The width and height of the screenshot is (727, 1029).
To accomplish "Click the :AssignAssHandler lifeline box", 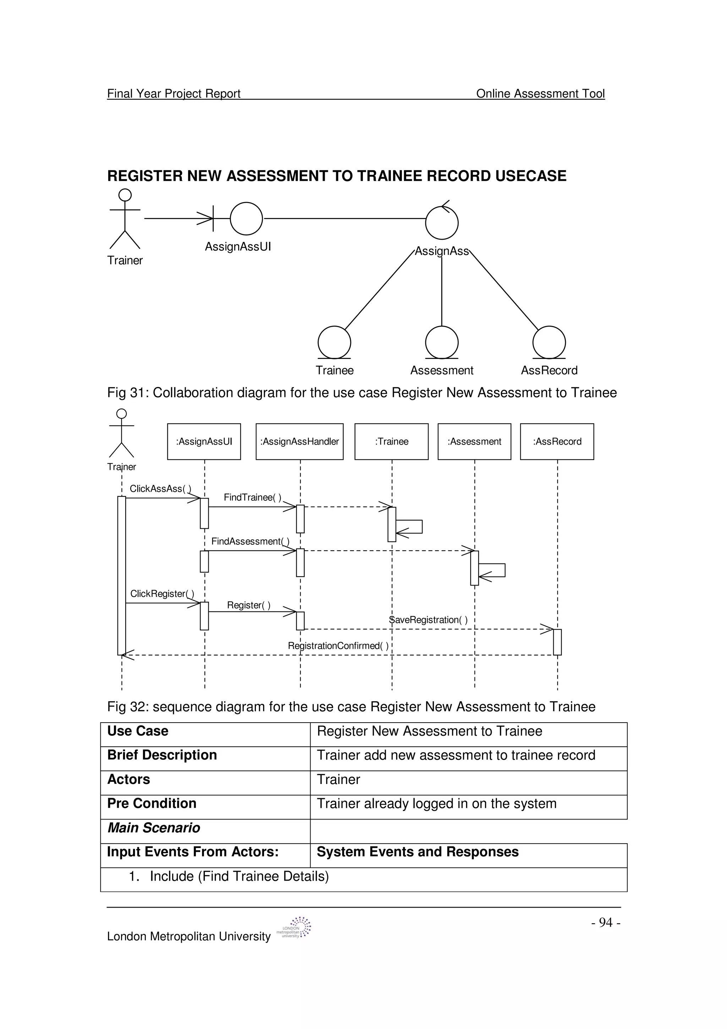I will pyautogui.click(x=299, y=441).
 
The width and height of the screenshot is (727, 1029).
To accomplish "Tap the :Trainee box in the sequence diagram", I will pyautogui.click(x=392, y=441).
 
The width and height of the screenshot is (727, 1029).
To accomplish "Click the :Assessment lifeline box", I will pyautogui.click(x=474, y=441).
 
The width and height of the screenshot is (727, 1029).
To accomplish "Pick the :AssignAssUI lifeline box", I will pyautogui.click(x=204, y=441).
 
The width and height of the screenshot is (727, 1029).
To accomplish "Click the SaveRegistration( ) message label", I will pyautogui.click(x=428, y=620).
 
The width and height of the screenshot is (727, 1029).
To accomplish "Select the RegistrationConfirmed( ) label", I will pyautogui.click(x=338, y=646).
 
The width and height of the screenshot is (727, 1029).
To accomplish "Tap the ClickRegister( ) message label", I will pyautogui.click(x=162, y=594).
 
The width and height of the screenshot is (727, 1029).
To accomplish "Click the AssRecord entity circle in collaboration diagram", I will pyautogui.click(x=549, y=342).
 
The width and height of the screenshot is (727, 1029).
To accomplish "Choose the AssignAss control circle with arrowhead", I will pyautogui.click(x=442, y=222).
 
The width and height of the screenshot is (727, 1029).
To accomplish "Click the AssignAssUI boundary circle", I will pyautogui.click(x=246, y=218).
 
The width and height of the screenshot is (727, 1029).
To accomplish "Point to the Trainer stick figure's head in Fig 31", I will pyautogui.click(x=125, y=195).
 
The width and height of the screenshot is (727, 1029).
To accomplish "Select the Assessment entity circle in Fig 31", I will pyautogui.click(x=442, y=342).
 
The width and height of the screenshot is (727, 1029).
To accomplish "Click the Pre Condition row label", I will pyautogui.click(x=152, y=804).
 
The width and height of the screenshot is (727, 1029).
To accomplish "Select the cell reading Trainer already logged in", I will pyautogui.click(x=436, y=804).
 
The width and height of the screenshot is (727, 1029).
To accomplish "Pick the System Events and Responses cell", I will pyautogui.click(x=417, y=852).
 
